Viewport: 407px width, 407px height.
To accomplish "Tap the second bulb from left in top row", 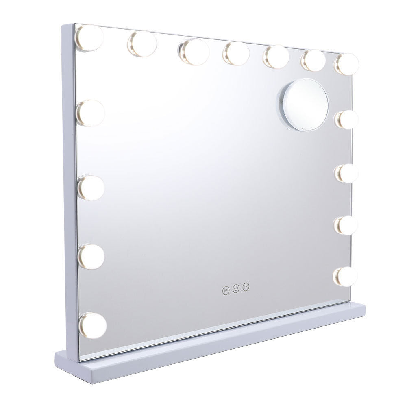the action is (x=142, y=44).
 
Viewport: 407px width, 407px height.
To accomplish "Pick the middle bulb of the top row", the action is (x=236, y=54).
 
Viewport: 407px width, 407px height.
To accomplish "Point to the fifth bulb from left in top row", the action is (x=276, y=57).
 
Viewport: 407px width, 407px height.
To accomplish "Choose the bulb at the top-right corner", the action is (x=346, y=63).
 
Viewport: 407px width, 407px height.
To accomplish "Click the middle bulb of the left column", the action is (x=91, y=187).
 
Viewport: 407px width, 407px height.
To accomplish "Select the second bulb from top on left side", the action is (x=90, y=113).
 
